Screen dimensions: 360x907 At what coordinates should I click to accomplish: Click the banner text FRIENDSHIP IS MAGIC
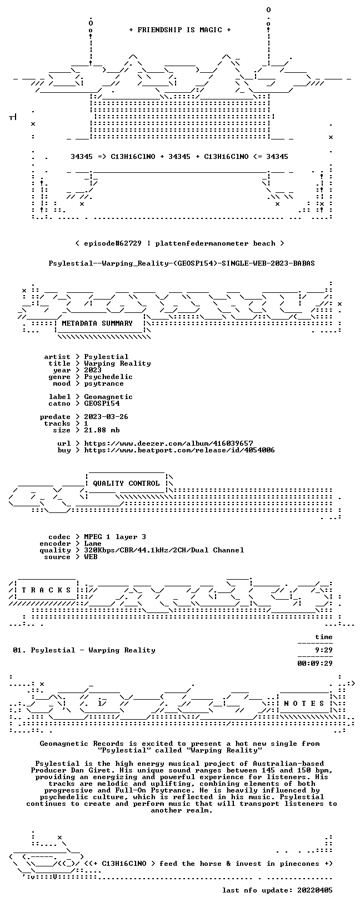180,30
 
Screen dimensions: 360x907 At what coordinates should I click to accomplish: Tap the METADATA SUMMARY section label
97,323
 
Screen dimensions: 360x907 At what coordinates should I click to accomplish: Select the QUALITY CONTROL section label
126,483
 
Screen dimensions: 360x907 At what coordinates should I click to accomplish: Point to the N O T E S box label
304,704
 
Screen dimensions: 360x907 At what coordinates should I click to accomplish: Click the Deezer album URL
168,443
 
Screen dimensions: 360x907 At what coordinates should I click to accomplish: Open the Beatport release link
179,450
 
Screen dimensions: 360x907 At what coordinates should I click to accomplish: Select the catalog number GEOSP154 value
102,403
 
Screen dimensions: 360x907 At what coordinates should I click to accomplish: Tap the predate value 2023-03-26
106,417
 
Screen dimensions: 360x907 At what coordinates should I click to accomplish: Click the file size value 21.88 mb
102,430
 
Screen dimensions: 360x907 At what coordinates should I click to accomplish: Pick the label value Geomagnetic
108,397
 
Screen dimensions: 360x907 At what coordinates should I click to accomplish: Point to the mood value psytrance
104,383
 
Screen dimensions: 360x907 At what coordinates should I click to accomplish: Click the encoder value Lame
93,544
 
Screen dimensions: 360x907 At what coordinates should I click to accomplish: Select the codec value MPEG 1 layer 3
115,537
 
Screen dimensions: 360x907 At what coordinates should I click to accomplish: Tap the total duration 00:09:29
315,663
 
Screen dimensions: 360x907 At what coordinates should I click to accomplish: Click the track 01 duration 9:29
324,650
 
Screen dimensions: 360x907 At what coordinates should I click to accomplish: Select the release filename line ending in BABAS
182,263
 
